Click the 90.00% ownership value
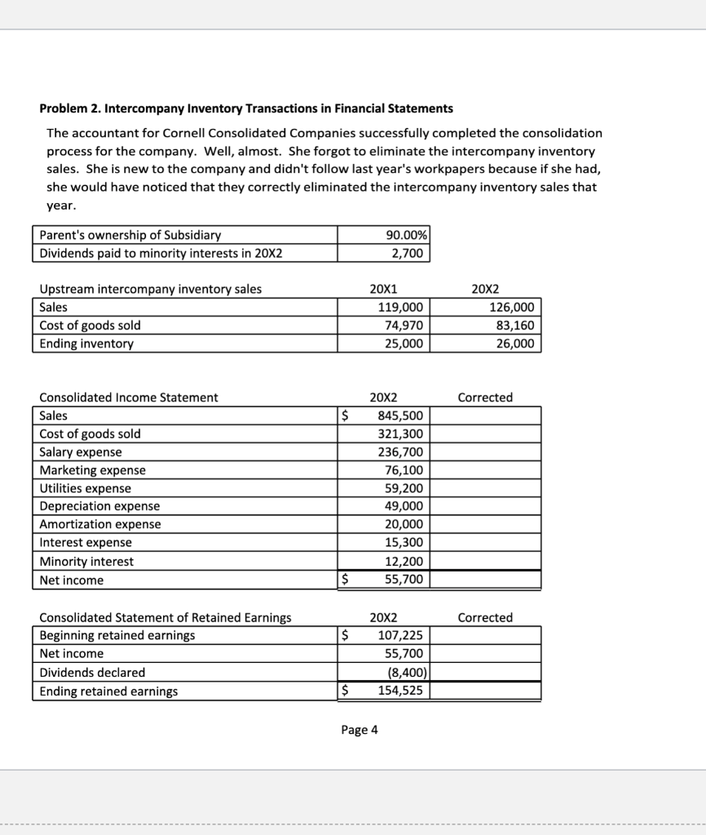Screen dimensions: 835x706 click(x=405, y=235)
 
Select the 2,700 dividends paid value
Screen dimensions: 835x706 click(x=407, y=253)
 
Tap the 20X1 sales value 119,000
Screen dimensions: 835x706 click(x=400, y=307)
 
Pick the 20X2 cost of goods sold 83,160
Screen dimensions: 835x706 click(x=511, y=325)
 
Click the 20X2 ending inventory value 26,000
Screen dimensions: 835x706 click(x=511, y=343)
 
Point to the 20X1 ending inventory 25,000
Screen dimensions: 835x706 click(x=404, y=343)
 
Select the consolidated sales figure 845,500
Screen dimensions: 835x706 click(x=399, y=415)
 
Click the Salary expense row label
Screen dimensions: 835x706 click(x=81, y=452)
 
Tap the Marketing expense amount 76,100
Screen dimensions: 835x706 click(x=404, y=470)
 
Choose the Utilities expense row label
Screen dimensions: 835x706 click(x=85, y=488)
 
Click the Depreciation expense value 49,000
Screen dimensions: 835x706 click(x=404, y=506)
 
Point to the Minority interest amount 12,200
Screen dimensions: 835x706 click(x=404, y=561)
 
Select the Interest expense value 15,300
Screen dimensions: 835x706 click(x=404, y=542)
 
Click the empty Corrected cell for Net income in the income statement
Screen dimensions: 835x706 click(x=485, y=580)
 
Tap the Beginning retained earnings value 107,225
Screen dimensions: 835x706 click(x=399, y=634)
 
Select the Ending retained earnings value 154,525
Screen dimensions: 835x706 click(x=399, y=691)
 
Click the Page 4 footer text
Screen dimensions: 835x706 click(x=360, y=730)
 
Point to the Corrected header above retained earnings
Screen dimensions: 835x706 click(x=485, y=617)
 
